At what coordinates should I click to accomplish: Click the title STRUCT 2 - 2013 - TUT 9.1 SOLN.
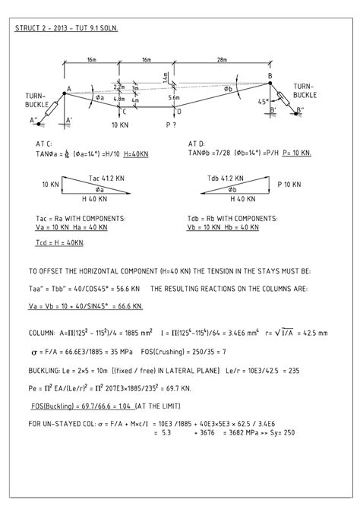(71, 28)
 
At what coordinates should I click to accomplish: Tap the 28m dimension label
(220, 58)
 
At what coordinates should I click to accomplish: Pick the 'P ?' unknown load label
(171, 124)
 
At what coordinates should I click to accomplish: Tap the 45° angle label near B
(263, 101)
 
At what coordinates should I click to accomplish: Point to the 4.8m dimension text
(119, 99)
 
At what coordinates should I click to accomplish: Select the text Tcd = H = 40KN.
(61, 242)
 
